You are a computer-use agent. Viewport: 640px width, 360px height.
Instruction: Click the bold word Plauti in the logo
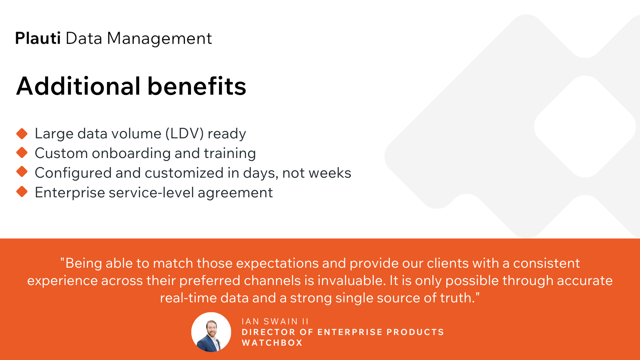38,38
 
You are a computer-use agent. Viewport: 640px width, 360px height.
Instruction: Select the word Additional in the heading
78,86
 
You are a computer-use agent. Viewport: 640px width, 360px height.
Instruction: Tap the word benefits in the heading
197,86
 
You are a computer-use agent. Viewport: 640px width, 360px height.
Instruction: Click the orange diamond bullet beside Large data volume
22,134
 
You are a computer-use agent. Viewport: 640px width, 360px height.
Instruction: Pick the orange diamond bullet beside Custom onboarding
22,153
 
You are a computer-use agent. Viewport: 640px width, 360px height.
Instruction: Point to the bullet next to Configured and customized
22,172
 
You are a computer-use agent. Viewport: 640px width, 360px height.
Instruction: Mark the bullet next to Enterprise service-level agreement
22,192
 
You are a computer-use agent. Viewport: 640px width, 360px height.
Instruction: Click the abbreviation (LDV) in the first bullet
184,134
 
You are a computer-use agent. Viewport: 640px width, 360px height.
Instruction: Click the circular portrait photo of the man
211,332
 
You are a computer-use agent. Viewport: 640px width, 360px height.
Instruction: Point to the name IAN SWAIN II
275,321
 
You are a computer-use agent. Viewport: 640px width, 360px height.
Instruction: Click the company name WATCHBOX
272,343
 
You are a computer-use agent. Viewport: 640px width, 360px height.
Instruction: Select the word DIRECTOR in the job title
268,332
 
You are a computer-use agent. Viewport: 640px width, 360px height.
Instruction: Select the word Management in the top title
159,39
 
